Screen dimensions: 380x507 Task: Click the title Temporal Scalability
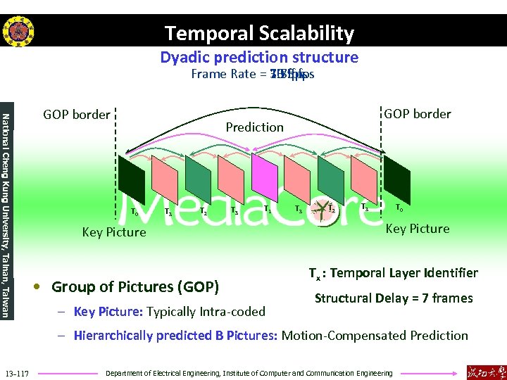(259, 33)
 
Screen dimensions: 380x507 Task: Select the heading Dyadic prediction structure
(259, 57)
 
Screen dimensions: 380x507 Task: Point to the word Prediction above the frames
(255, 127)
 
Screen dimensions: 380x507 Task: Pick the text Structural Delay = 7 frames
(394, 298)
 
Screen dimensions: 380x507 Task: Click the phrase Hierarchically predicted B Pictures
(175, 336)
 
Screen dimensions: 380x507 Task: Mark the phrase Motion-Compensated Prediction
(375, 336)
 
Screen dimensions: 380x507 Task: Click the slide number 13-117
(17, 372)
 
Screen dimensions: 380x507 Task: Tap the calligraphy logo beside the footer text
(484, 372)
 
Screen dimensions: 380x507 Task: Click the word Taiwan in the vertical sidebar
(6, 299)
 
